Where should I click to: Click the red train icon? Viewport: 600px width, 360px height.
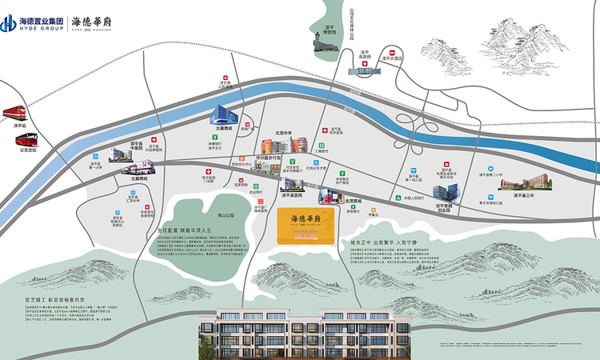pos(17,113)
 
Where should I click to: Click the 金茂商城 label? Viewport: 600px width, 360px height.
pos(344,201)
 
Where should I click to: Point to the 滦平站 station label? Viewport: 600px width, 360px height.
pos(19,126)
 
